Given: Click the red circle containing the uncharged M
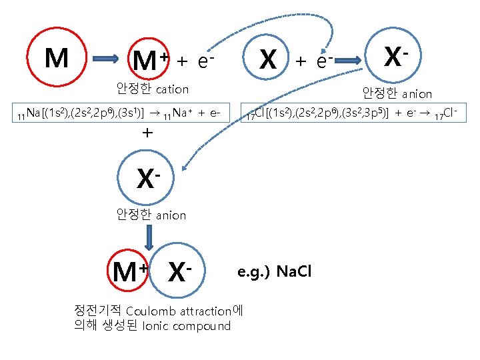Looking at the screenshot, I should click(57, 59).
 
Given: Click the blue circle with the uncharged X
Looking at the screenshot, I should click(267, 59).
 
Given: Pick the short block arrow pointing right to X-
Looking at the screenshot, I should click(351, 61).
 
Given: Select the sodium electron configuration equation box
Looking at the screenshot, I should click(121, 112).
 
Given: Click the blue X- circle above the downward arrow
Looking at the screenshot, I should click(149, 177).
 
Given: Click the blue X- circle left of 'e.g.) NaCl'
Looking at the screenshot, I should click(178, 271).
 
